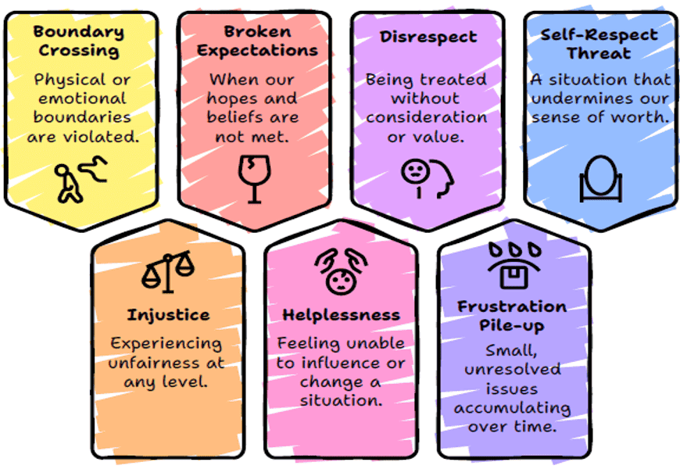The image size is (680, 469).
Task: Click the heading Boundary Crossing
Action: coord(78,41)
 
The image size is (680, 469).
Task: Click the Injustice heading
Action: coord(168,315)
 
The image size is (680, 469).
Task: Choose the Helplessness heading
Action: coord(341,315)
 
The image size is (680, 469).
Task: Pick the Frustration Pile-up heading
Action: coord(512,314)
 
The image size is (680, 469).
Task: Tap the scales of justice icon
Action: coord(168,271)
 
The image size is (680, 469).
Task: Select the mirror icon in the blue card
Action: coord(599,179)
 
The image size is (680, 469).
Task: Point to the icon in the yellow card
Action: coord(78,181)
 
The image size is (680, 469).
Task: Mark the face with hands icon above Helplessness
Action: coord(341,270)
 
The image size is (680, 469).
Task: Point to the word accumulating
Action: coord(512,407)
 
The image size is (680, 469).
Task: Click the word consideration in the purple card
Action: coord(427,118)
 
